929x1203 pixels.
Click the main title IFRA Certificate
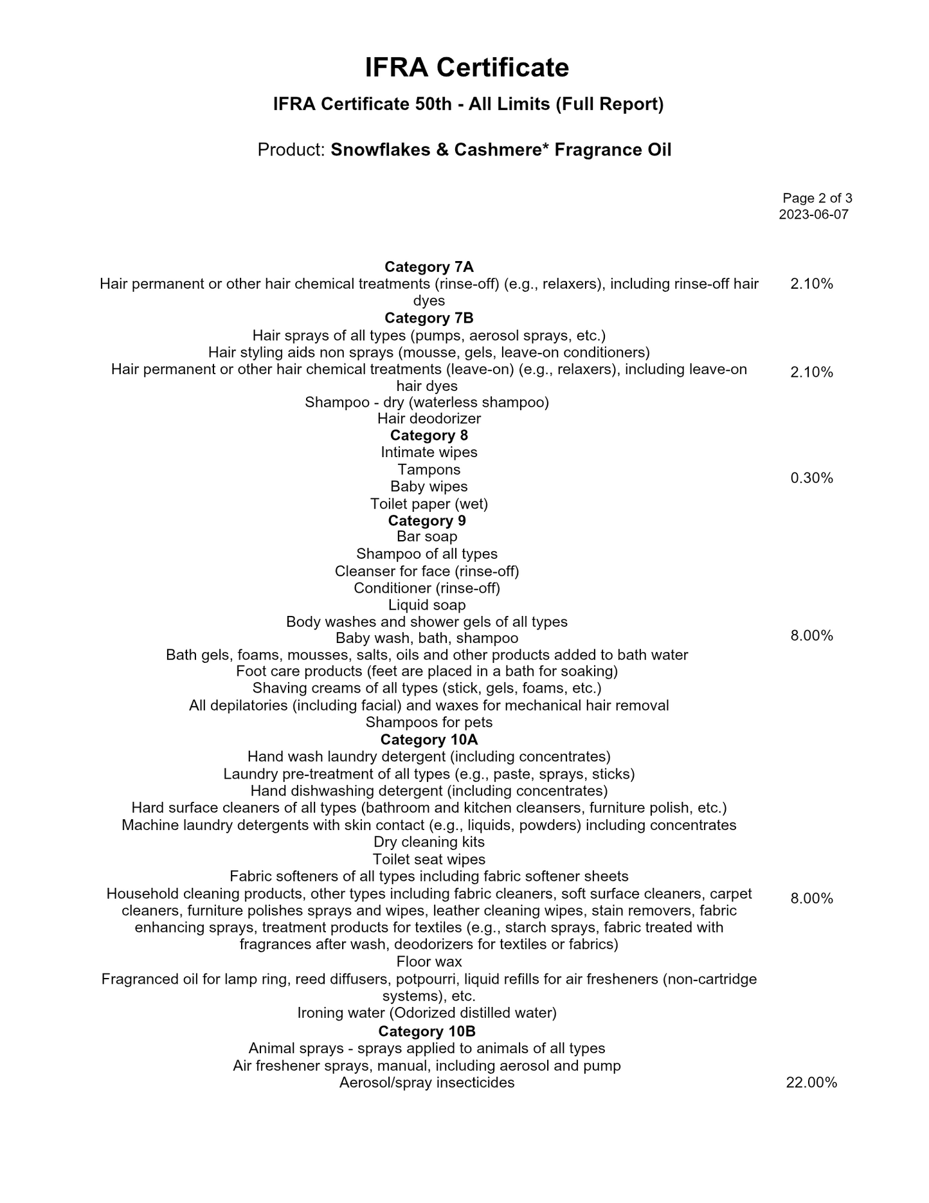click(x=467, y=68)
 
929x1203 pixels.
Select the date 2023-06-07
click(x=813, y=215)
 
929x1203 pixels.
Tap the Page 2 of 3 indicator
click(x=817, y=198)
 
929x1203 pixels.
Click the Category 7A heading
click(x=429, y=267)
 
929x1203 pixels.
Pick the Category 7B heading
click(x=429, y=318)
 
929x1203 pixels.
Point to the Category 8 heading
click(x=429, y=435)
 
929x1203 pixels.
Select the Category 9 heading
click(x=427, y=520)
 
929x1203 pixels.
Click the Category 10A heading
click(x=429, y=739)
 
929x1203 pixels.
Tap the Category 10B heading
click(x=427, y=1031)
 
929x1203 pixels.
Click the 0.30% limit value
click(x=811, y=478)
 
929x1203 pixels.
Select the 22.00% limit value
click(x=811, y=1083)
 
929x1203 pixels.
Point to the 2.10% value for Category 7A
click(x=811, y=284)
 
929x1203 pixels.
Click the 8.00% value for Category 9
click(x=811, y=636)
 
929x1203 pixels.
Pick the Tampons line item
click(x=429, y=469)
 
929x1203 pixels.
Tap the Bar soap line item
click(x=427, y=536)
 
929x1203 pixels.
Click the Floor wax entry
click(x=429, y=962)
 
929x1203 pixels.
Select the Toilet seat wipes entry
click(x=429, y=860)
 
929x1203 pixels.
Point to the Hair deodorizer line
click(x=429, y=419)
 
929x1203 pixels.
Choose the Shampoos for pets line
click(x=429, y=722)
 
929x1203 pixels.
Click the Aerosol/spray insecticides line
click(x=427, y=1083)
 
